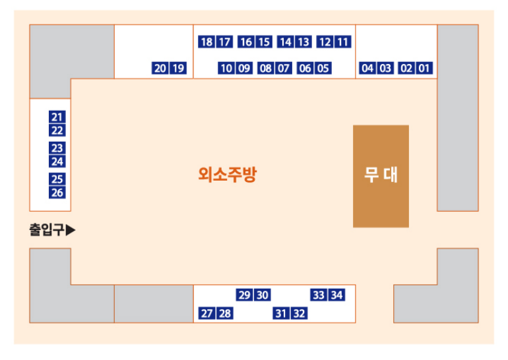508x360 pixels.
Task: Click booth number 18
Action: [206, 42]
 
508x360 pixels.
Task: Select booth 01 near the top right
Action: [425, 68]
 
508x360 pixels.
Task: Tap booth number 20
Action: [160, 68]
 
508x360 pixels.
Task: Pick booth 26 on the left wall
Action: [57, 193]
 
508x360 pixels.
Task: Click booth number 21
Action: [57, 117]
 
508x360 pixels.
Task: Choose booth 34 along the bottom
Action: [337, 295]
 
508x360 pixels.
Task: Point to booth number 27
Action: [206, 313]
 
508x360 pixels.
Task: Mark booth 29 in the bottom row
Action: [244, 295]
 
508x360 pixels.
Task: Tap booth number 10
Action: [226, 68]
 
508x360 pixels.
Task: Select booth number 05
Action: [323, 68]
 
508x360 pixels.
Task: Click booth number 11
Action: [343, 42]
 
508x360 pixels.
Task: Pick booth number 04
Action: [367, 68]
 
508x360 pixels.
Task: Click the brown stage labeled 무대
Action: [381, 176]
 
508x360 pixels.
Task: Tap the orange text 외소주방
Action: [227, 175]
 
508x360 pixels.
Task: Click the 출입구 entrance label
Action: [46, 230]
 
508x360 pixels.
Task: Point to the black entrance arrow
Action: [71, 230]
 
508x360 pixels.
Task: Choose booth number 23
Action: [57, 148]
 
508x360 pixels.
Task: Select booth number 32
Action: [300, 313]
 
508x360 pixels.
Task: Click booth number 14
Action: [286, 42]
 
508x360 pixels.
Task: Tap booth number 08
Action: [265, 68]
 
